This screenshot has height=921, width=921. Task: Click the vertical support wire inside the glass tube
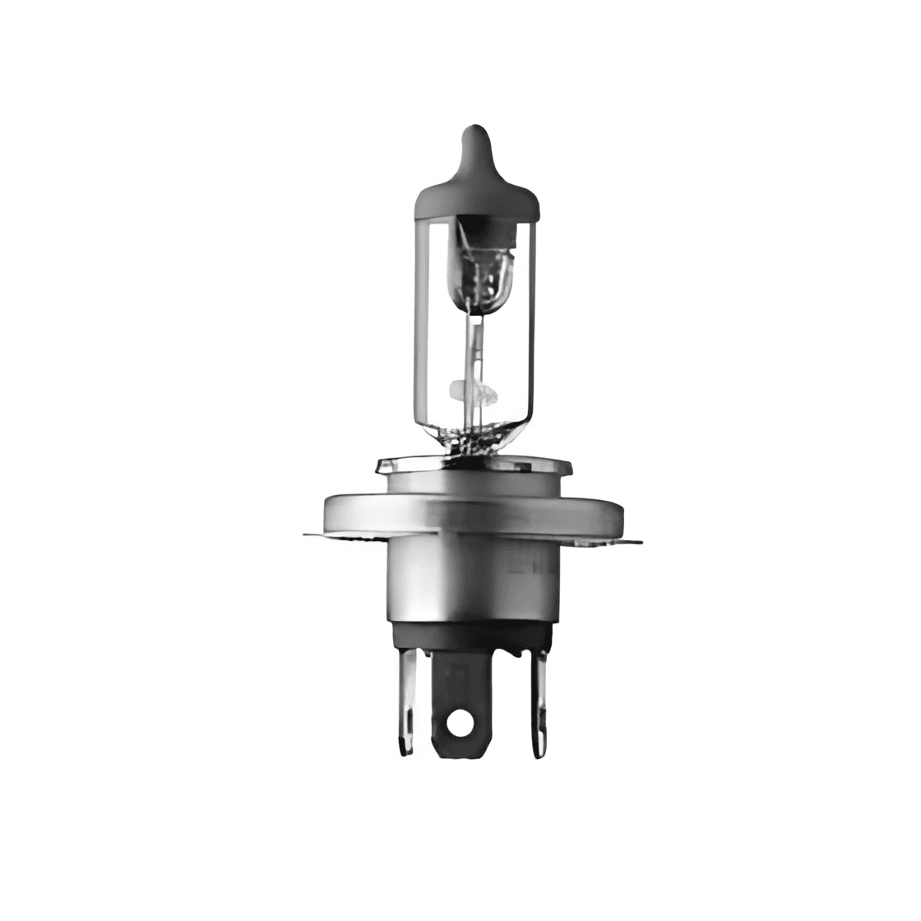tap(471, 345)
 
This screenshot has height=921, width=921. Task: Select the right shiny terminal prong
tap(539, 699)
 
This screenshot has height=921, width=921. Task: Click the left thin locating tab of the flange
tap(316, 535)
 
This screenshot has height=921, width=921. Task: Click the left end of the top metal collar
tap(383, 467)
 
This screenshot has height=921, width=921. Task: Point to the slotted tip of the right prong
tap(539, 744)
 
